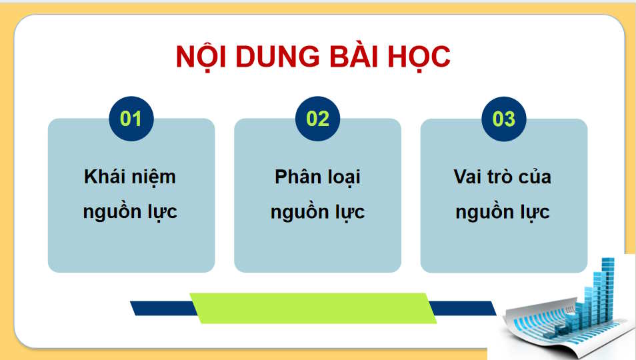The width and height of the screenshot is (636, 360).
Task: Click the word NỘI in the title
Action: (203, 58)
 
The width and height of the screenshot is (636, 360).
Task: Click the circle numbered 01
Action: (131, 119)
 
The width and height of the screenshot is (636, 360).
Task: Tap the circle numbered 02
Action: (318, 119)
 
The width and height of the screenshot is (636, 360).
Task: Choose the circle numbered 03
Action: (504, 119)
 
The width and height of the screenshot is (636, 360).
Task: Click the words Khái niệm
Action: (130, 177)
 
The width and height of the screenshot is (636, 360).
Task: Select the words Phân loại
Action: (317, 177)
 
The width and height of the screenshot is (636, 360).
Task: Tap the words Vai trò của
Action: (503, 177)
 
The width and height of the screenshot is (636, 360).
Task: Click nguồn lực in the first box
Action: (130, 212)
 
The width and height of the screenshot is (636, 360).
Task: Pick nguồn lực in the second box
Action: (317, 212)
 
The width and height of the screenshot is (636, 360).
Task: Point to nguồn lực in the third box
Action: (503, 212)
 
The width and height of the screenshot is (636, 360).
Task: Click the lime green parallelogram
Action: (313, 307)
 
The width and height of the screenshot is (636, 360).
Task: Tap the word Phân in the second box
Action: (294, 177)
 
